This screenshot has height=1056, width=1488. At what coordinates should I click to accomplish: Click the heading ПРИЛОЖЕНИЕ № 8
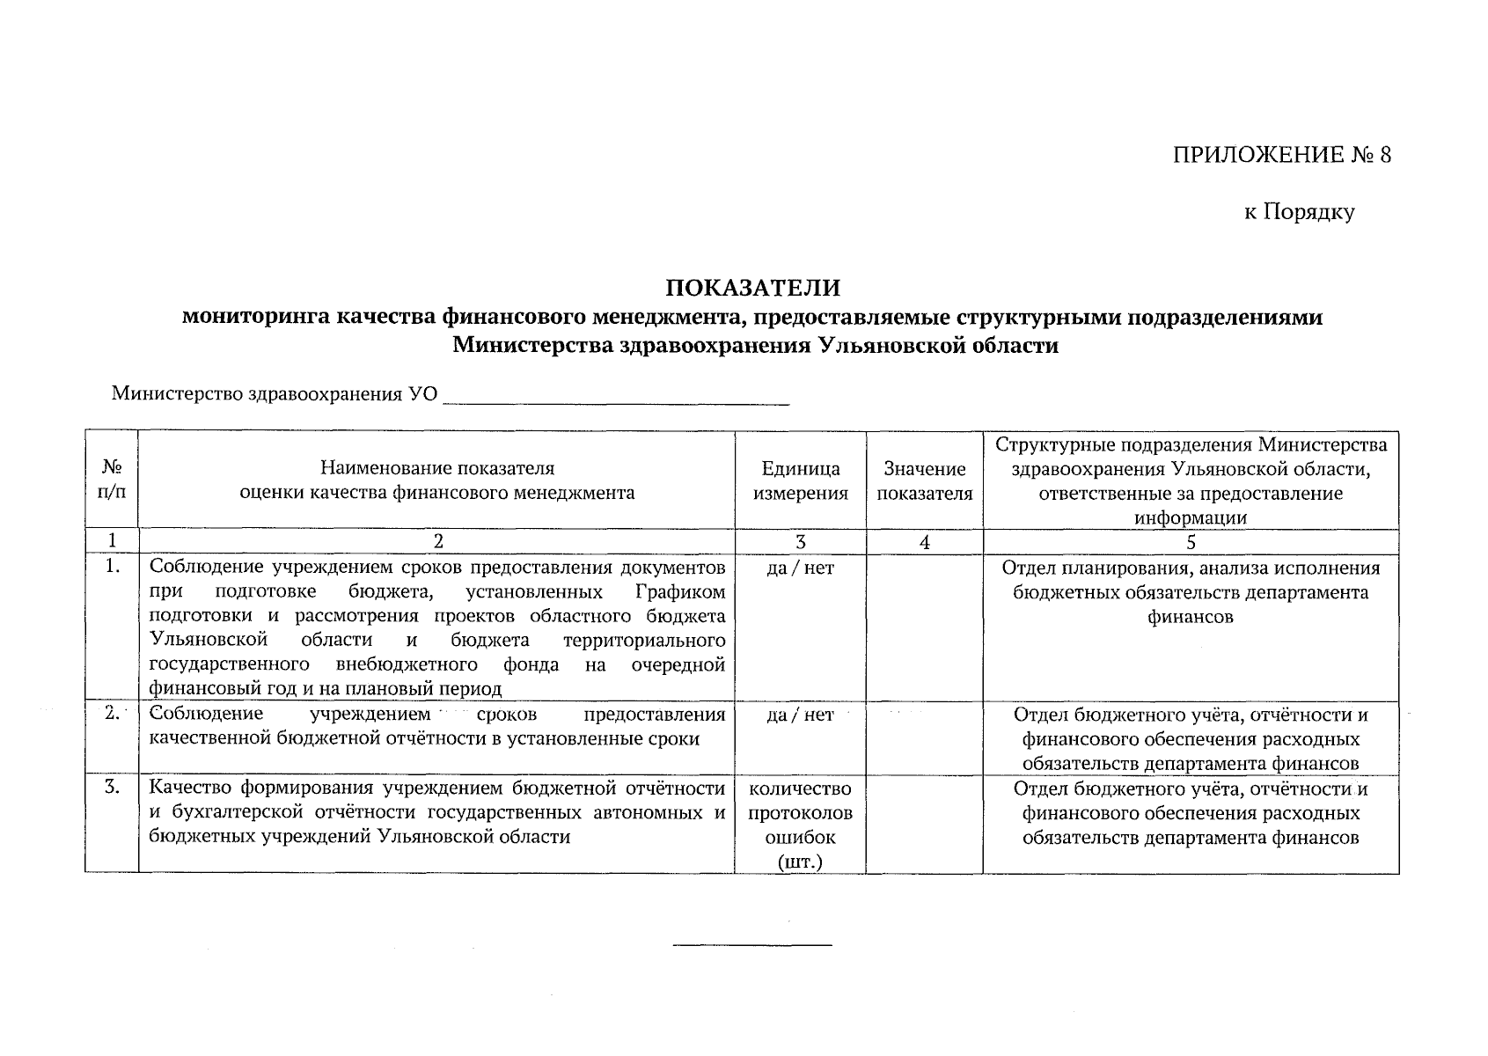click(x=1282, y=156)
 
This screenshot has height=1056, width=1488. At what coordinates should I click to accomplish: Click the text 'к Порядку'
click(x=1299, y=212)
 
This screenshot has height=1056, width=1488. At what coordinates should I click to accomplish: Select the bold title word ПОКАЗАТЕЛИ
click(x=752, y=288)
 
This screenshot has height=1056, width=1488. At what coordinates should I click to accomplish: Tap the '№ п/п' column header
click(x=111, y=480)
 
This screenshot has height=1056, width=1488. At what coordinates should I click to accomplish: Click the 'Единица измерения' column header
click(x=800, y=480)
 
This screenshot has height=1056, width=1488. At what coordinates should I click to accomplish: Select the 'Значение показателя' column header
click(x=924, y=480)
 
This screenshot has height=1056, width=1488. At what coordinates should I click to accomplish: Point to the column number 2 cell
click(x=436, y=541)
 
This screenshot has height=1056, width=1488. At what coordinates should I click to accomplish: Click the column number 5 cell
click(x=1190, y=542)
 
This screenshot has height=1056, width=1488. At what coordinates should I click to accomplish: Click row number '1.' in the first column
click(x=112, y=567)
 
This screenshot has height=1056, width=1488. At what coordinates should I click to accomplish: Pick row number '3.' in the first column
click(x=112, y=788)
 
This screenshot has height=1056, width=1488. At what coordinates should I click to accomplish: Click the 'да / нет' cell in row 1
click(x=800, y=568)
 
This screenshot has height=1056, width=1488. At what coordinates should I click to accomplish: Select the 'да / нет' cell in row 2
click(x=800, y=715)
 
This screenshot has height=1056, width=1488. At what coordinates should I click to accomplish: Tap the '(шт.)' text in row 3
click(x=800, y=862)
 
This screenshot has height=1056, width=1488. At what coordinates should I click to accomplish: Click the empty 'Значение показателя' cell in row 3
click(x=924, y=824)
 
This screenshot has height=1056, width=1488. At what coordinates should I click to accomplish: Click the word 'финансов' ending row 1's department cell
click(x=1190, y=617)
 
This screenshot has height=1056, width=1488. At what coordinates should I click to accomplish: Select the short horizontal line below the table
click(x=751, y=945)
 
